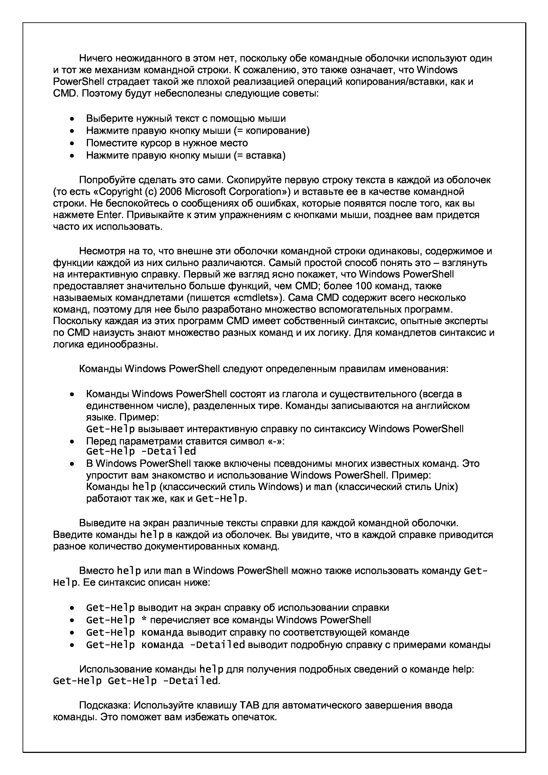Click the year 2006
pos(170,192)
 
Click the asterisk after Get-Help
pos(142,620)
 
